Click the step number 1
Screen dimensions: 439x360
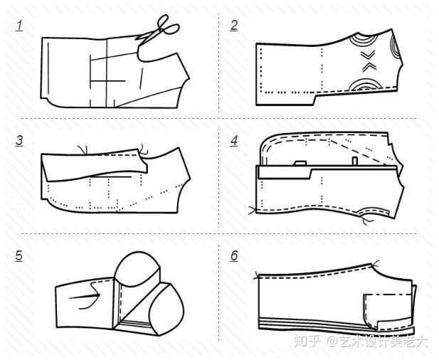click(x=19, y=26)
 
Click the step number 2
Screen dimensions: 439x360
click(x=234, y=26)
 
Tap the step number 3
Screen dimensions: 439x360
click(x=19, y=141)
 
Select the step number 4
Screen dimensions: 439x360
click(x=234, y=141)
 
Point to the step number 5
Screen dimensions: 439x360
click(x=19, y=256)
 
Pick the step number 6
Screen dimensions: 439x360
click(x=234, y=256)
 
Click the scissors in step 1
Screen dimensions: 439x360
click(x=158, y=29)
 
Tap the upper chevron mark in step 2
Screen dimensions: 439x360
click(x=368, y=55)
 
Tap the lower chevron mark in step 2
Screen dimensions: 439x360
click(x=369, y=67)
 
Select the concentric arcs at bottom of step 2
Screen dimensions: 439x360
click(x=365, y=85)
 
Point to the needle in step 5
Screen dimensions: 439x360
click(x=85, y=296)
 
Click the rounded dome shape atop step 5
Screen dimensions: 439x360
click(x=137, y=269)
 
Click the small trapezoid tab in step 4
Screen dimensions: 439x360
click(x=300, y=163)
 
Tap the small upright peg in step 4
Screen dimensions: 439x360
click(x=355, y=162)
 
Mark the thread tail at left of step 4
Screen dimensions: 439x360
click(x=253, y=210)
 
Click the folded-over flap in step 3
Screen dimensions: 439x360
click(x=95, y=166)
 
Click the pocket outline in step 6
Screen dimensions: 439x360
click(x=388, y=312)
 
